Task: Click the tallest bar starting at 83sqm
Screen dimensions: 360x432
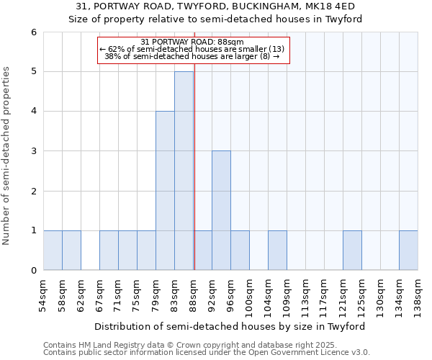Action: tap(184, 171)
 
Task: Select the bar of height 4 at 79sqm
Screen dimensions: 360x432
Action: tap(165, 191)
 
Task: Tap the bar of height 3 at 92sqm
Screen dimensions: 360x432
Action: tap(221, 210)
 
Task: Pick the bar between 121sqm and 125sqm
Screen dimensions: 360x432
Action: tap(352, 251)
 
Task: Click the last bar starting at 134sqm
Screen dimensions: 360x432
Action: tap(408, 251)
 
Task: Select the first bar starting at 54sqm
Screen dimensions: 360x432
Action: tap(53, 251)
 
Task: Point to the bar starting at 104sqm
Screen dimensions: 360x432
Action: tap(277, 251)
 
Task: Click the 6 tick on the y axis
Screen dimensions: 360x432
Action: tap(33, 32)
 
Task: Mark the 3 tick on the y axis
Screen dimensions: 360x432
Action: tap(33, 151)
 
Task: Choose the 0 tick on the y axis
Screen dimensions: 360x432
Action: tap(33, 271)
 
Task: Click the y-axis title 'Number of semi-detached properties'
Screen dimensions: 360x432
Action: tap(7, 156)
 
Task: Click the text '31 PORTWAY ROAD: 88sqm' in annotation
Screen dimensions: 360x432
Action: tap(192, 42)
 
